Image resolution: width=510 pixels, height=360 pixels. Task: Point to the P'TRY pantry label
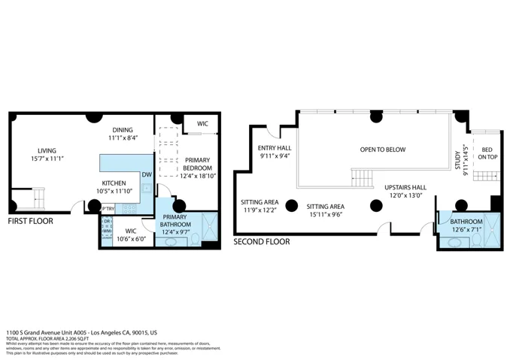pyautogui.click(x=108, y=209)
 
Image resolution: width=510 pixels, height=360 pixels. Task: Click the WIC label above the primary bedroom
pyautogui.click(x=202, y=123)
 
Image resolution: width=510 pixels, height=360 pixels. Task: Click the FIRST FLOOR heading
pyautogui.click(x=31, y=222)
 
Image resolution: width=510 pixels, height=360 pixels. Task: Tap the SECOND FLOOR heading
pyautogui.click(x=261, y=242)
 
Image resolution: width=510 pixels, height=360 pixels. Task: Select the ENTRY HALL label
pyautogui.click(x=274, y=148)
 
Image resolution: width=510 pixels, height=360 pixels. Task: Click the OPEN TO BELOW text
pyautogui.click(x=382, y=150)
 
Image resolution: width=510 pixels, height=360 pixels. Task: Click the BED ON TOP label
pyautogui.click(x=488, y=153)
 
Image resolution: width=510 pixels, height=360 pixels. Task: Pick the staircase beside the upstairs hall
pyautogui.click(x=362, y=179)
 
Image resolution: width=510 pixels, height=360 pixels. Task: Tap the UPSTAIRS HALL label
pyautogui.click(x=405, y=187)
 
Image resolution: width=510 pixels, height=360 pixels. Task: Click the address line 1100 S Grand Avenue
pyautogui.click(x=81, y=331)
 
